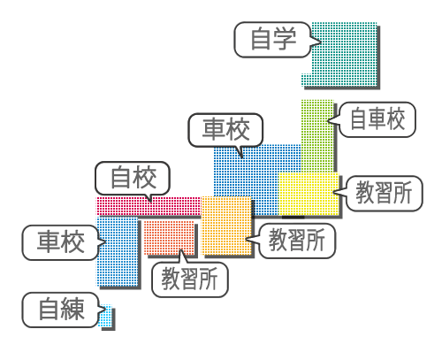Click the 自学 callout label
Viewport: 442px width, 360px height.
(272, 40)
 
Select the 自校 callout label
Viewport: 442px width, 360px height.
(133, 178)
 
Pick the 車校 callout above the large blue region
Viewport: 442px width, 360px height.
(225, 130)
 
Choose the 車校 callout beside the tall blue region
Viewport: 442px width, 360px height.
(60, 242)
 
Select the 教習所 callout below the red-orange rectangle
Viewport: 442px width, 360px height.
(190, 280)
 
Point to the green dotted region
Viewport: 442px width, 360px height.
(317, 135)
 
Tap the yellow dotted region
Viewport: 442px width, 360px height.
(309, 194)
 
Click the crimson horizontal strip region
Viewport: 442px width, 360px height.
(149, 206)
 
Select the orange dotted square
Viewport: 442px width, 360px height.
(226, 226)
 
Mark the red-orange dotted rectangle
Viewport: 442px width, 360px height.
(169, 238)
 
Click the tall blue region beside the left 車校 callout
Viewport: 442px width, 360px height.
(118, 251)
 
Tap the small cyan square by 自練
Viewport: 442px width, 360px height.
(105, 316)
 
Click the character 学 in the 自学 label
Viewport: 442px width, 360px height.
(285, 39)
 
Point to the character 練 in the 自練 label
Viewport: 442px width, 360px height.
(73, 310)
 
